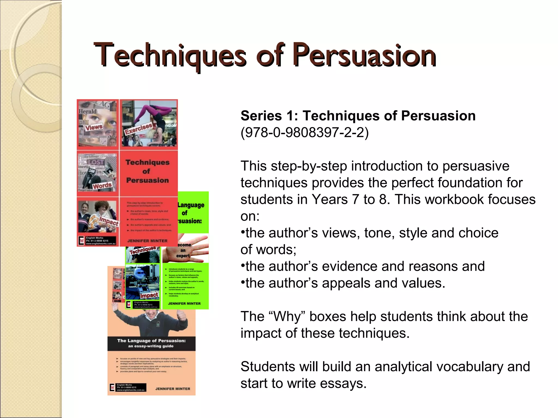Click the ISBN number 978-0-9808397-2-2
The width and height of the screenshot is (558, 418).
305,133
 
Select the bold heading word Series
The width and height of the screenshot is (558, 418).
261,116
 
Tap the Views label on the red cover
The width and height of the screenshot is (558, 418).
94,127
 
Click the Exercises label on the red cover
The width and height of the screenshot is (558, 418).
138,128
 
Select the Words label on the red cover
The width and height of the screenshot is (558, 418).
102,186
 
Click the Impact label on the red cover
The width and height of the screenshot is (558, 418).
109,221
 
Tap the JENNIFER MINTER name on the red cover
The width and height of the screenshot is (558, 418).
147,241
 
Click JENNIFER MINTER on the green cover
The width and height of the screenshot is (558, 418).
184,303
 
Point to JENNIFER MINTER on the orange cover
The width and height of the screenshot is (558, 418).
173,389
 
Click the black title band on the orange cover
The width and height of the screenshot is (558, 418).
151,343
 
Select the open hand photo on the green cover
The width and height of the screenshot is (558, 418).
188,249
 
